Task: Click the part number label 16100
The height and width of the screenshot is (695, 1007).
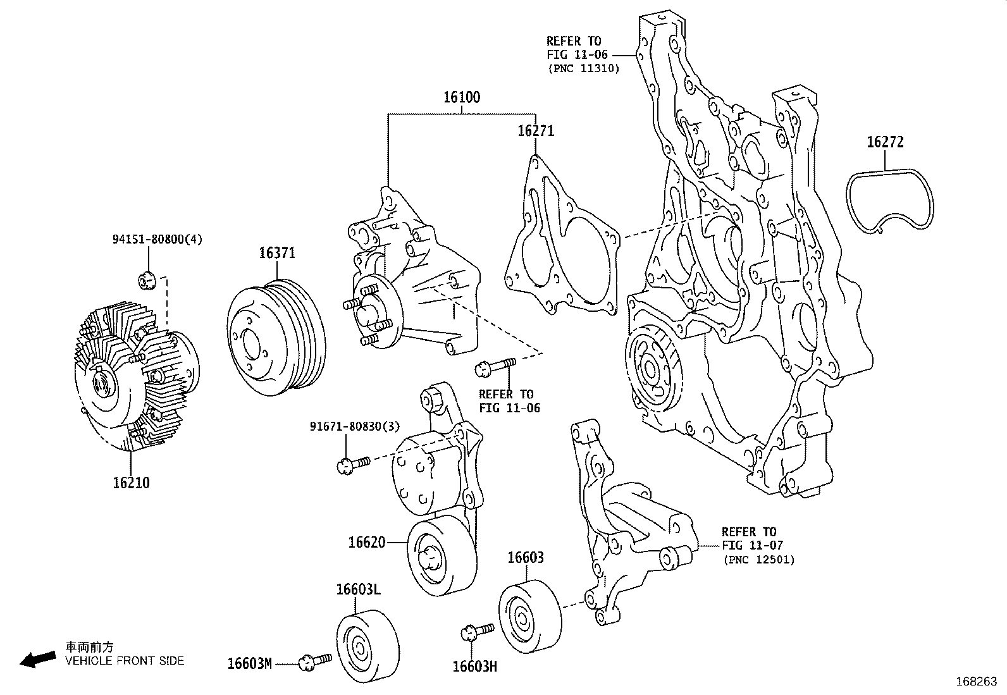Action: pyautogui.click(x=462, y=97)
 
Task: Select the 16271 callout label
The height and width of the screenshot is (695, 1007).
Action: pyautogui.click(x=535, y=131)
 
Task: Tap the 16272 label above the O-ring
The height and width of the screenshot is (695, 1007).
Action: pyautogui.click(x=885, y=142)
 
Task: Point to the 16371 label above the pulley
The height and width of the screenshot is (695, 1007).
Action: pyautogui.click(x=277, y=253)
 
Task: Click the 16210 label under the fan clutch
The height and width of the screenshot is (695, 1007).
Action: pyautogui.click(x=131, y=483)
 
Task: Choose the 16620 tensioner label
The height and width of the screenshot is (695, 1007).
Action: pyautogui.click(x=367, y=543)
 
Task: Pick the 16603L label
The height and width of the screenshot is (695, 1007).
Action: pyautogui.click(x=358, y=589)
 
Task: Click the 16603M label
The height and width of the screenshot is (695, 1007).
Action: pyautogui.click(x=249, y=663)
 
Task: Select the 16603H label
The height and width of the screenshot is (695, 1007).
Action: pyautogui.click(x=475, y=667)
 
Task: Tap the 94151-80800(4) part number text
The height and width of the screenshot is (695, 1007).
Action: pyautogui.click(x=158, y=239)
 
